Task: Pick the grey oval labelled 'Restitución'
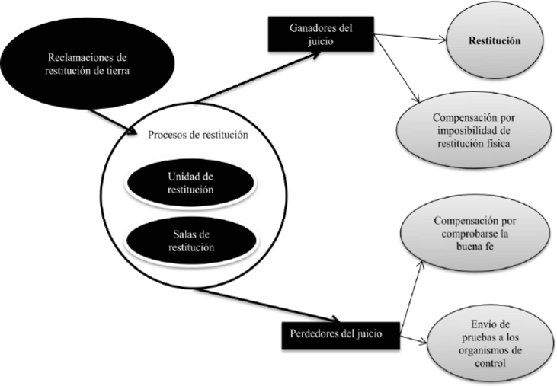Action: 494,42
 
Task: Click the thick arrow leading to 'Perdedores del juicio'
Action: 274,303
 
